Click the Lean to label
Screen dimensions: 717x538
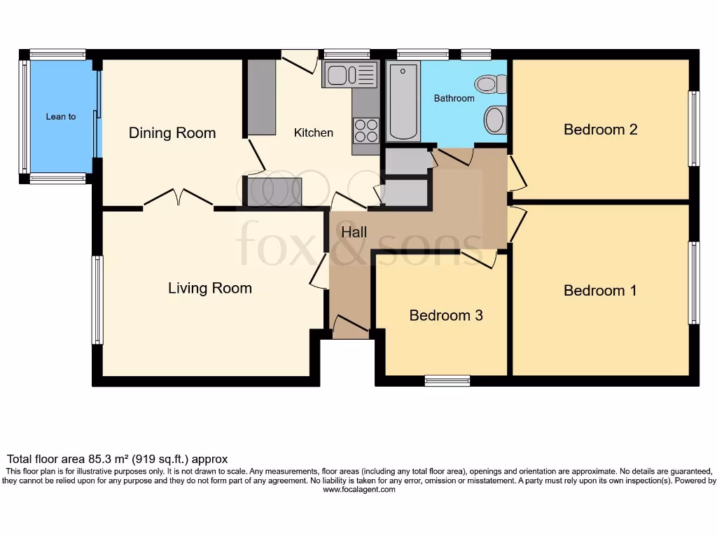tap(61, 117)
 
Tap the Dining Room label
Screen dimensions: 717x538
tap(172, 132)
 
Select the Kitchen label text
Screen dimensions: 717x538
tap(313, 132)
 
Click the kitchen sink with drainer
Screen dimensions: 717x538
tap(350, 74)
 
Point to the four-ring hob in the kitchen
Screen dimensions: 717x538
tap(366, 130)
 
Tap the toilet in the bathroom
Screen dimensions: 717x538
tap(491, 84)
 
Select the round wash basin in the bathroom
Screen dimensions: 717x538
tap(495, 120)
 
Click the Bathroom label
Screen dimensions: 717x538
tap(454, 98)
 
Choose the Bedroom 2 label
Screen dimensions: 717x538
tap(600, 130)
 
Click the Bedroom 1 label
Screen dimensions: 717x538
tap(600, 291)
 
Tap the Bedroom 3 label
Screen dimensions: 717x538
tap(446, 315)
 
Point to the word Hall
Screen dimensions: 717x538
tap(354, 232)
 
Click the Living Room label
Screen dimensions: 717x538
tap(210, 288)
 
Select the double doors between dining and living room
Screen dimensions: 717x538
tap(179, 198)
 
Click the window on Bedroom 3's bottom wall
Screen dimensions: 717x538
tap(447, 380)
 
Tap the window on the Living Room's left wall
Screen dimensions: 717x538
tap(97, 300)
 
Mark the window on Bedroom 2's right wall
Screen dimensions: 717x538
tap(694, 129)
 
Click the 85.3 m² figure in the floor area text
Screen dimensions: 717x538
tap(107, 459)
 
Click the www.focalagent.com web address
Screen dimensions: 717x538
tap(359, 490)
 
